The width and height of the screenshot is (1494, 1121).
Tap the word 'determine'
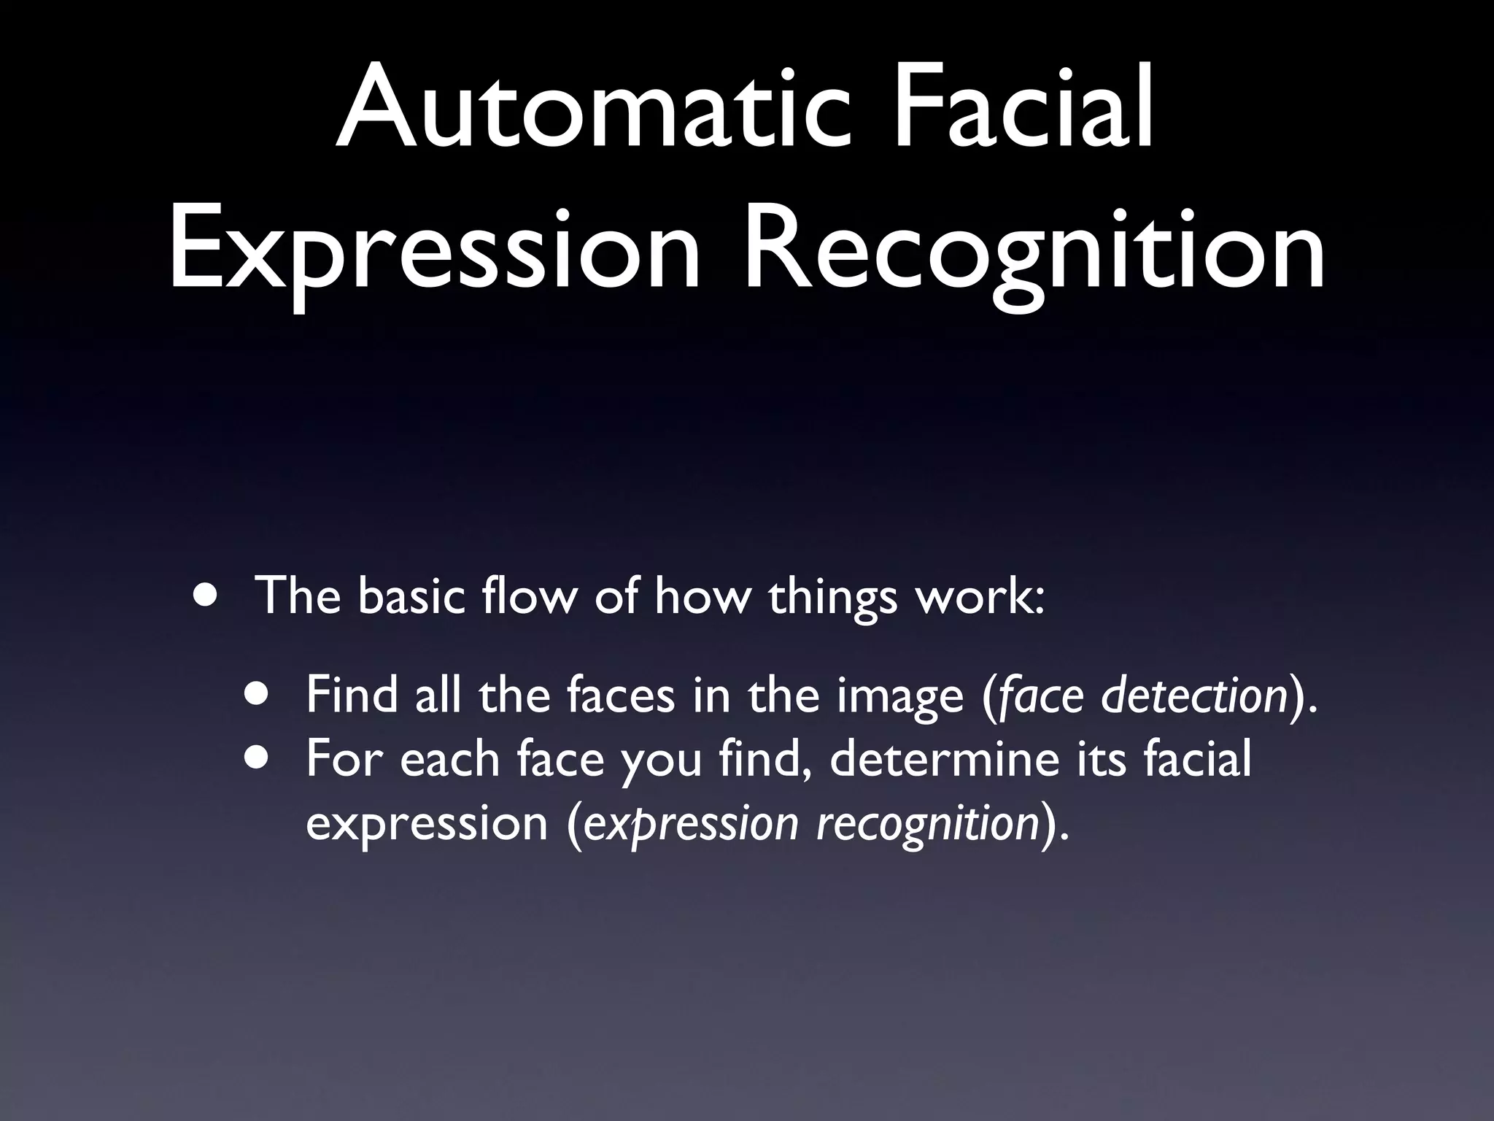click(944, 759)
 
